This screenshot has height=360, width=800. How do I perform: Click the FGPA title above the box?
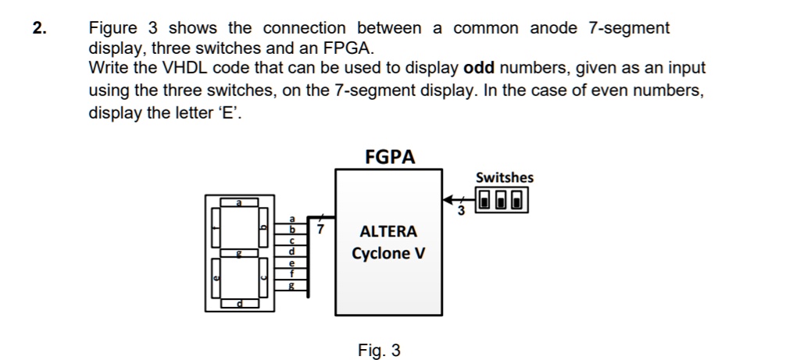[390, 157]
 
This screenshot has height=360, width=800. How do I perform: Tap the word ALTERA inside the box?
[388, 232]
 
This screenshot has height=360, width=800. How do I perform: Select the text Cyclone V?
[388, 254]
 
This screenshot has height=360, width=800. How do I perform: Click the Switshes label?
[504, 177]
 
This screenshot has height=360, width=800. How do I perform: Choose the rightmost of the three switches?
[518, 201]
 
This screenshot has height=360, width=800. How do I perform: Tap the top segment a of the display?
[241, 203]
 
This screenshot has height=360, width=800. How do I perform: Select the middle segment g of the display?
[241, 253]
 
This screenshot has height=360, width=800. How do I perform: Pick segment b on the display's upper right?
[263, 227]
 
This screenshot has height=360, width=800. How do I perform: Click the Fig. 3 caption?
[379, 351]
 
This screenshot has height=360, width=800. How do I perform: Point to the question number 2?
[38, 29]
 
